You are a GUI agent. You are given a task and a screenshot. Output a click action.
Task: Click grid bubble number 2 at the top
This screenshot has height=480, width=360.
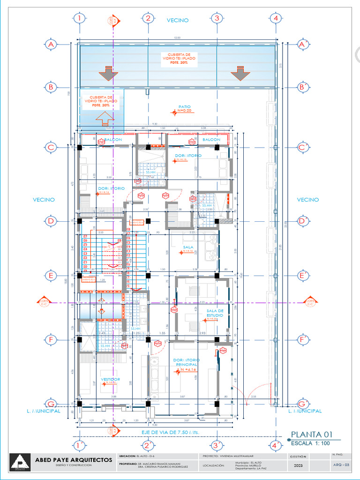point(148,18)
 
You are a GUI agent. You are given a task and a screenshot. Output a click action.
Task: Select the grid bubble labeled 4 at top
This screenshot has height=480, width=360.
point(276,18)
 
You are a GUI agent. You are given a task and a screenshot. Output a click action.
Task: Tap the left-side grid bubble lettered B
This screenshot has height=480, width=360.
point(51,87)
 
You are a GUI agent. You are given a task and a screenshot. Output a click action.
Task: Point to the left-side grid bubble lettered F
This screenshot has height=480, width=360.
point(51,339)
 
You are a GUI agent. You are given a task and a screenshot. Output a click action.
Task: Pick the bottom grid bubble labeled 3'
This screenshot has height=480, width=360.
point(217,445)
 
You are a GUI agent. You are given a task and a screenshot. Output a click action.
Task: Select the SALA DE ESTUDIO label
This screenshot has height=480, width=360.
point(214,313)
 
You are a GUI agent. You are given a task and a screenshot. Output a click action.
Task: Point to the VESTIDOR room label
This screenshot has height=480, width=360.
point(110,379)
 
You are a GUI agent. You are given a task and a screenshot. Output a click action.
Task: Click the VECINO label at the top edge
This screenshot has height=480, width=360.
point(178,20)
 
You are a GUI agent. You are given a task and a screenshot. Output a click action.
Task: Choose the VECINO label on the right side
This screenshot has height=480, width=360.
point(308,200)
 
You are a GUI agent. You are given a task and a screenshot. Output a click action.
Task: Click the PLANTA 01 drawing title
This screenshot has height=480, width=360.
point(311,434)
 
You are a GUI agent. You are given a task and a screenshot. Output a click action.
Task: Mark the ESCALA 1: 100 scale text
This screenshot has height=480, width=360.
point(311,443)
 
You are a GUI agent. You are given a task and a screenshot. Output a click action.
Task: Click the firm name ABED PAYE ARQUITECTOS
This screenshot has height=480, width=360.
point(74,460)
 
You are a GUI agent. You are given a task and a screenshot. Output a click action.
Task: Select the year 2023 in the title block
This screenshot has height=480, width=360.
point(298,465)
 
